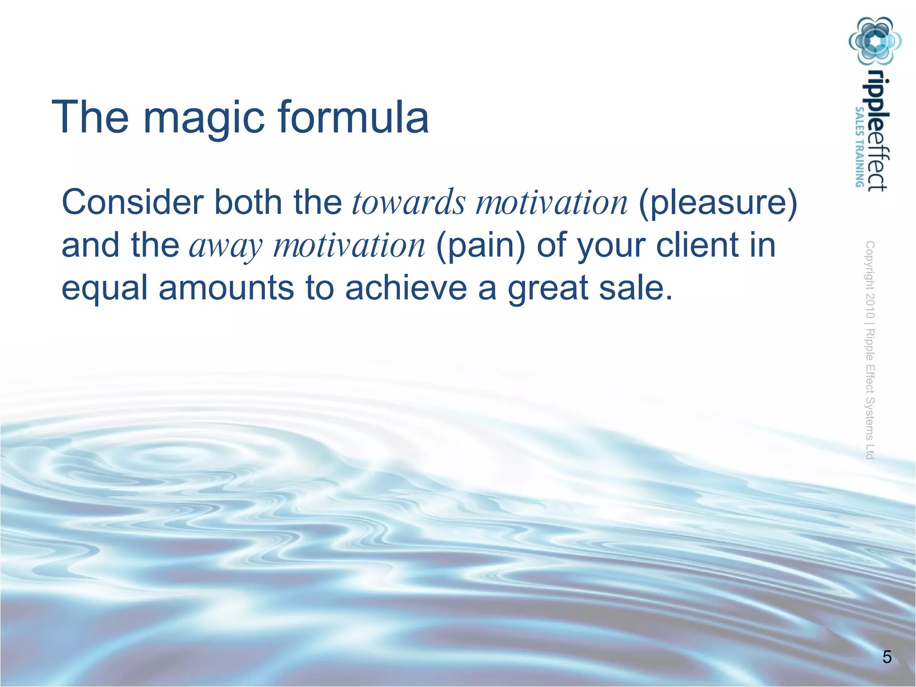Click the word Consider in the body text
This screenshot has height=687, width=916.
pos(132,202)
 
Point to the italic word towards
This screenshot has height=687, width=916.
pos(408,202)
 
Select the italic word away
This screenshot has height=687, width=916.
pos(226,246)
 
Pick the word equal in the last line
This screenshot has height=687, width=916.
pos(104,288)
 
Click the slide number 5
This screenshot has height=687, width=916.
pos(887,657)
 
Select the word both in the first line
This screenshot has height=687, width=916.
pos(248,202)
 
